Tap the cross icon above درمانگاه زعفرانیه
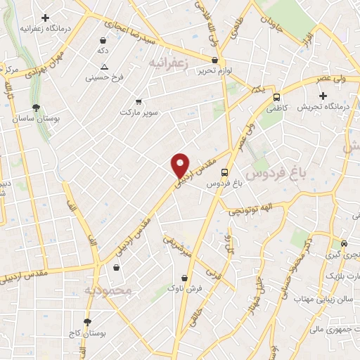pos(45,18)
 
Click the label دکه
pos(103,51)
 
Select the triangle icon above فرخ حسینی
pos(103,67)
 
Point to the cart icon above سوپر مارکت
pos(138,101)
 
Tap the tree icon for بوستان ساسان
pos(35,108)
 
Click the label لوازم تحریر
pos(214,70)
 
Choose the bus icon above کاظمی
pos(276,97)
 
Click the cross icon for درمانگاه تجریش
pos(323,96)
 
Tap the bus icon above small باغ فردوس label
pos(224,172)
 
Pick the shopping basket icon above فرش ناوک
pos(172,276)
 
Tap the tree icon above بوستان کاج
pos(86,322)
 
